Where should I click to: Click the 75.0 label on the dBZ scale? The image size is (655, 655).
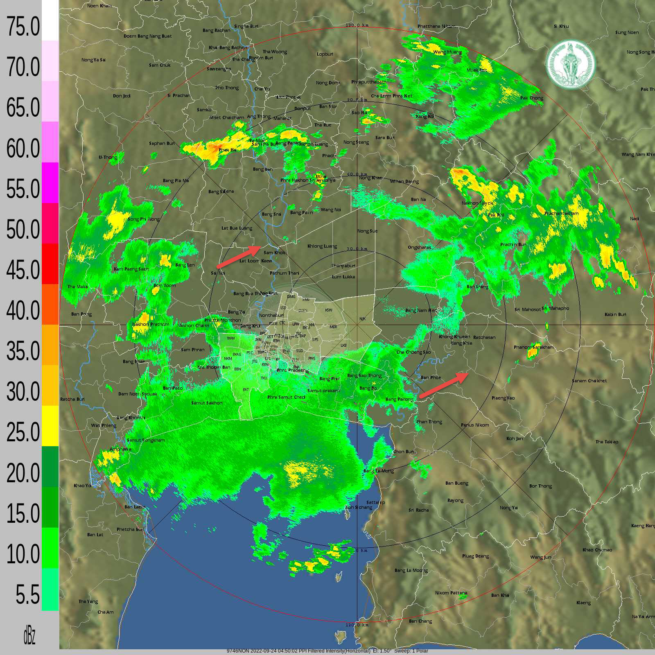23,27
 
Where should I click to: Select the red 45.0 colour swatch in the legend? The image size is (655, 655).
50,264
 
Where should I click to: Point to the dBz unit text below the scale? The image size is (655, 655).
29,636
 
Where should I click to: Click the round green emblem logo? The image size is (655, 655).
571,64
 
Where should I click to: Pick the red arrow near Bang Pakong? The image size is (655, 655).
444,385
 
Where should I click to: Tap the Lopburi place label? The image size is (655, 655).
325,54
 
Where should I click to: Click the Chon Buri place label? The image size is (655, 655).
403,452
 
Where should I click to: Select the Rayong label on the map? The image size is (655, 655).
455,500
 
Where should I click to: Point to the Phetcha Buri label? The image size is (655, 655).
130,529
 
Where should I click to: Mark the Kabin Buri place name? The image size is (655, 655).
615,314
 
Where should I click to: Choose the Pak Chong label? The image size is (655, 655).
532,98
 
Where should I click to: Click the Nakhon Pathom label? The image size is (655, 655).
151,324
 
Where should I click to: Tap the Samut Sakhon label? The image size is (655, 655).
207,403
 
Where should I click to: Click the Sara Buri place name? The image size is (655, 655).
385,138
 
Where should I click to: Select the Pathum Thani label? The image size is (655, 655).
284,273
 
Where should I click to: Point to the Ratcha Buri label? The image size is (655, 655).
72,399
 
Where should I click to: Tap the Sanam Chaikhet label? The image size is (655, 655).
589,381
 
